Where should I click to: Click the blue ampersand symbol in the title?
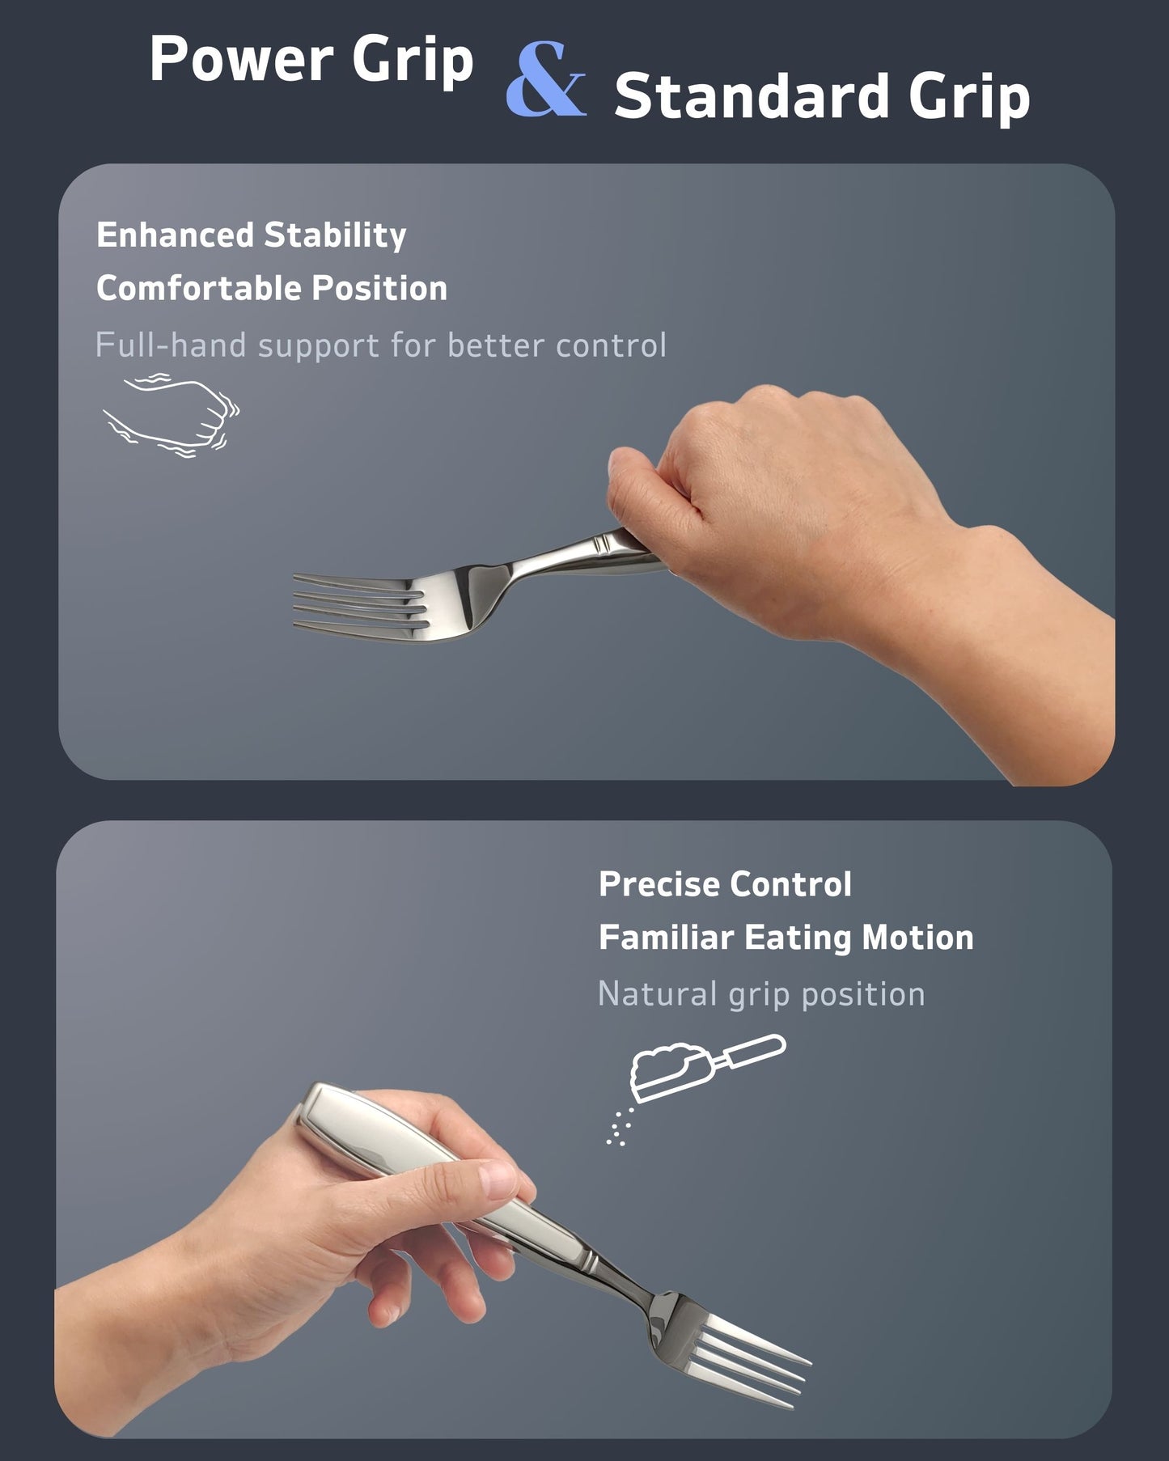coord(545,81)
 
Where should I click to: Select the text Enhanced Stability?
coord(251,235)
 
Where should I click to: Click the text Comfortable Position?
coord(271,289)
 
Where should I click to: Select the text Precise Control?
coord(724,884)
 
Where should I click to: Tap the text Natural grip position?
coord(760,994)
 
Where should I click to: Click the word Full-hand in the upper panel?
coord(170,345)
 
